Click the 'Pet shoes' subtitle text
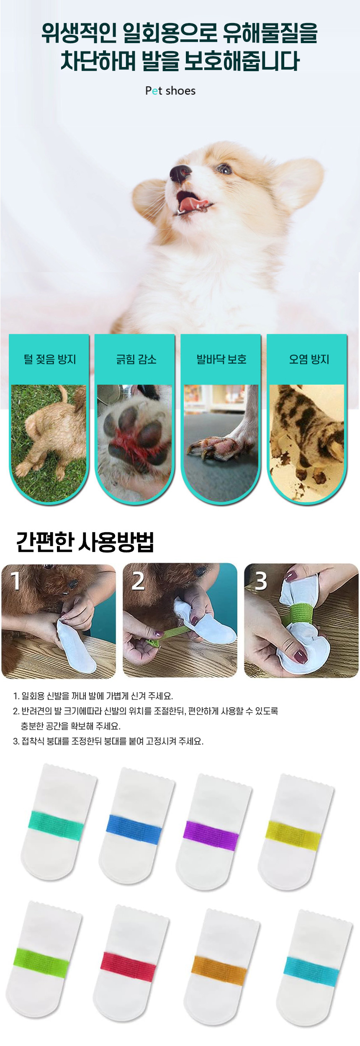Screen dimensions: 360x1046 click(170, 91)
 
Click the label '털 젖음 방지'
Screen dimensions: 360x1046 click(50, 359)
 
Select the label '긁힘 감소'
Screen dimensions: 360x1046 click(136, 359)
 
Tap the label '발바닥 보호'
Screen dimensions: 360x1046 click(221, 359)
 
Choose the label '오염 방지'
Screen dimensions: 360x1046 click(309, 359)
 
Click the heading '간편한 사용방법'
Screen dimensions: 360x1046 click(85, 542)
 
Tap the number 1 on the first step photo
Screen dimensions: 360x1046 click(16, 581)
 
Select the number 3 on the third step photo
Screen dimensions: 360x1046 click(261, 581)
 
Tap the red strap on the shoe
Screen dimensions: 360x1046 click(128, 967)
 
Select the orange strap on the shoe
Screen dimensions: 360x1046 click(219, 970)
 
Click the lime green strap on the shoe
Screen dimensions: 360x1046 click(41, 963)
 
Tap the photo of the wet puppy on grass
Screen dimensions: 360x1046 click(49, 443)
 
